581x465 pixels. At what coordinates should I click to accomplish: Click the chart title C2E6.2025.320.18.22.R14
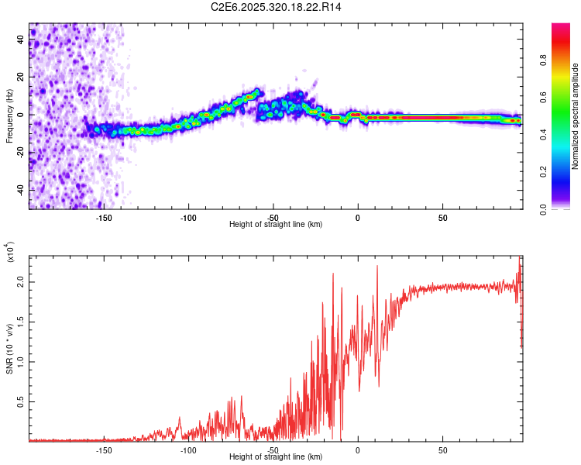276,7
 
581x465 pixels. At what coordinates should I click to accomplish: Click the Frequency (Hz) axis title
9,115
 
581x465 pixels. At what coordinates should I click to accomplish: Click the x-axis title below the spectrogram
276,225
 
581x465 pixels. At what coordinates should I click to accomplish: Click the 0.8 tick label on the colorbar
566,60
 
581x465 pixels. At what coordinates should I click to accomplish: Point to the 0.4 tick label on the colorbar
566,135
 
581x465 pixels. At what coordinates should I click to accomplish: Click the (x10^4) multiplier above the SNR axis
11,252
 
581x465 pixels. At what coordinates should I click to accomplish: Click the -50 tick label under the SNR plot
273,450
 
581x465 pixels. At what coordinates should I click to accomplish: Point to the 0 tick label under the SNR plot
357,450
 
